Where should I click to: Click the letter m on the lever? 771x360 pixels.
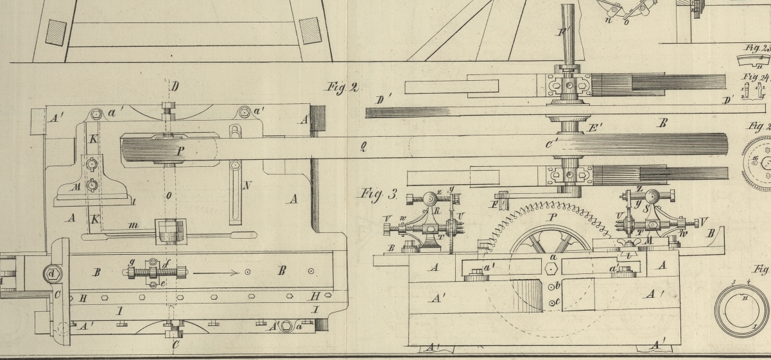tap(133, 226)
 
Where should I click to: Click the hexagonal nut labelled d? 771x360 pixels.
tap(51, 274)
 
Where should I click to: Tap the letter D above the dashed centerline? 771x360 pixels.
tap(175, 86)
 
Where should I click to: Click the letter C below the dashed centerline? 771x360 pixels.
tap(176, 345)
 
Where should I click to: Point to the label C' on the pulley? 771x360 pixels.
tap(551, 146)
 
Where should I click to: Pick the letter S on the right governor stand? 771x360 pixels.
tap(656, 227)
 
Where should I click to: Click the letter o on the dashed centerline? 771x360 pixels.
tap(168, 195)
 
